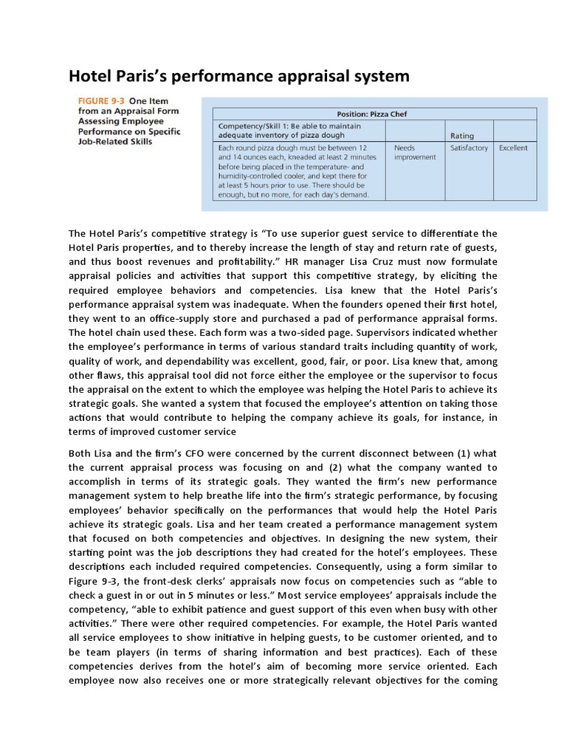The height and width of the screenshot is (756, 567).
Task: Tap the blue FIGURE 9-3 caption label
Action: (100, 101)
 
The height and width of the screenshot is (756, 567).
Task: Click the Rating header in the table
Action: (462, 136)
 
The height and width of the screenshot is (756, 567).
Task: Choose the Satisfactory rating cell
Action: (469, 148)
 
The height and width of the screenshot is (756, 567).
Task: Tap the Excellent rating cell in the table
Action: (513, 148)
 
